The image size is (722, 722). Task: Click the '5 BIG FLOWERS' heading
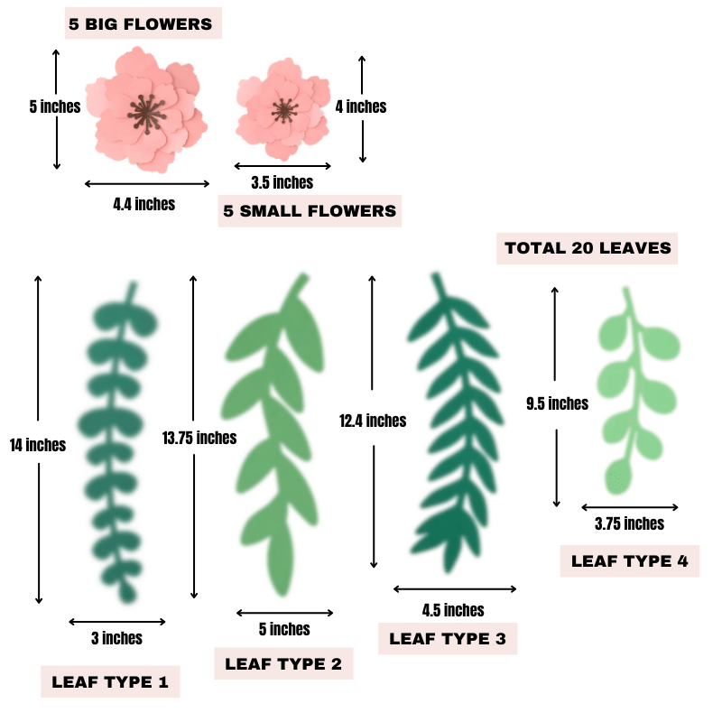(x=142, y=24)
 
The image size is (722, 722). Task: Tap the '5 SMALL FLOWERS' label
(x=310, y=211)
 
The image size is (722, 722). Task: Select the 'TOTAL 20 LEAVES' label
(x=588, y=248)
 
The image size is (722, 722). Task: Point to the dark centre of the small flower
(x=283, y=111)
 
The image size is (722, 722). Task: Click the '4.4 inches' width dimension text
(x=144, y=204)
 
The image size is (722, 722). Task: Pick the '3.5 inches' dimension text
(x=282, y=183)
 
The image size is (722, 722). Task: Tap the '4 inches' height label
(x=361, y=106)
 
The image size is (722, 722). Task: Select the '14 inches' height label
(x=38, y=445)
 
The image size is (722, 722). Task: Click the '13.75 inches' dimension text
(x=199, y=438)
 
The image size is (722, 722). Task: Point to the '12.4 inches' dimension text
(x=373, y=421)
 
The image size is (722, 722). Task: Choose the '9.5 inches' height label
(x=556, y=403)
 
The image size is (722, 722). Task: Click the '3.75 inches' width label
(x=629, y=523)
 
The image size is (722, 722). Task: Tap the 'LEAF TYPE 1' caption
(x=110, y=682)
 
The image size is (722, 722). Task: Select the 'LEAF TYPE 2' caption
(x=283, y=664)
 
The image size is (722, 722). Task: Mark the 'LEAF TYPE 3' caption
(x=448, y=639)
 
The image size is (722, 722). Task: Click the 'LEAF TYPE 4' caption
(x=630, y=560)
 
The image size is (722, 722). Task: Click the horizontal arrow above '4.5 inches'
(x=456, y=589)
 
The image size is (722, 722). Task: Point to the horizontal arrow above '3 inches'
(x=117, y=621)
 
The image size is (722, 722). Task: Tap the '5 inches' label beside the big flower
(x=54, y=106)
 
